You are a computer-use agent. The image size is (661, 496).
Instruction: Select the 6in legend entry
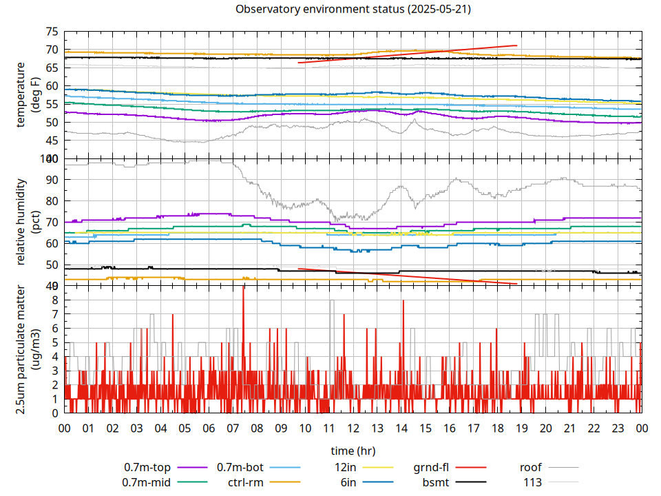348,482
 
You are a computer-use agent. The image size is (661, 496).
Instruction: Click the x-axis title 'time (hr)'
353,451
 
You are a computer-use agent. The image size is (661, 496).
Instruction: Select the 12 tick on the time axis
353,428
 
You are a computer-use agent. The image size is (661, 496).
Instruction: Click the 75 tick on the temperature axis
51,32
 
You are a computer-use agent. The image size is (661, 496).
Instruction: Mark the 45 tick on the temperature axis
51,141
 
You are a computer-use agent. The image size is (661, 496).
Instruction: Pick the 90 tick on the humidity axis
51,180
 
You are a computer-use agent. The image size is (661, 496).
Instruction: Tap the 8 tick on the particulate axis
56,300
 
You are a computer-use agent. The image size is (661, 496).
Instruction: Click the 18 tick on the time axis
497,428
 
